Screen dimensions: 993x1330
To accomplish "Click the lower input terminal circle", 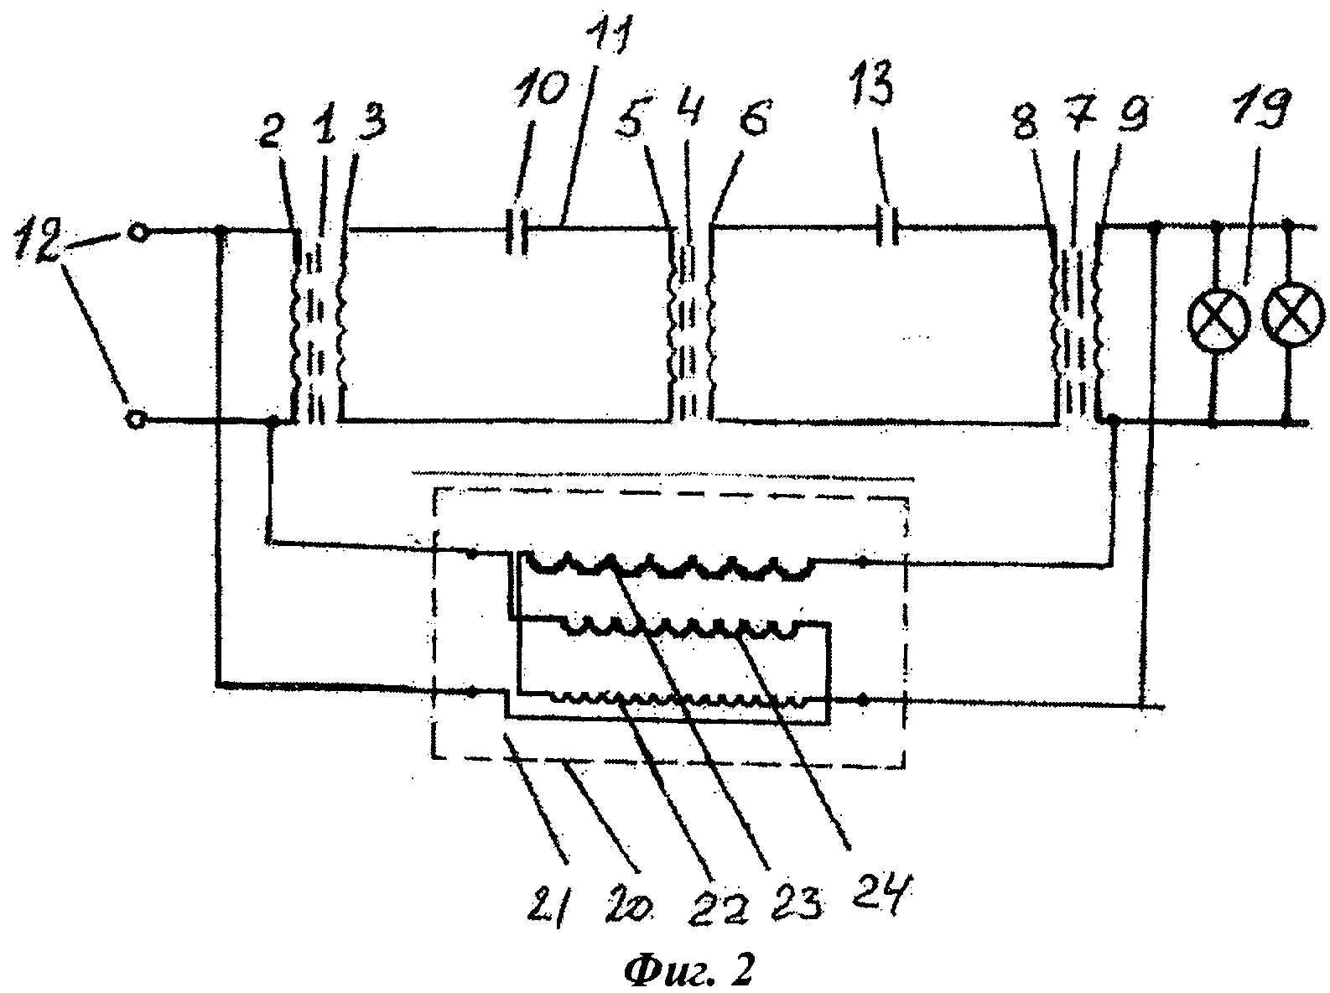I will (134, 419).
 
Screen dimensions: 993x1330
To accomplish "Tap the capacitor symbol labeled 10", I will (517, 228).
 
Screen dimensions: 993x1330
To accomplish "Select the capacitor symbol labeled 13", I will (890, 227).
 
